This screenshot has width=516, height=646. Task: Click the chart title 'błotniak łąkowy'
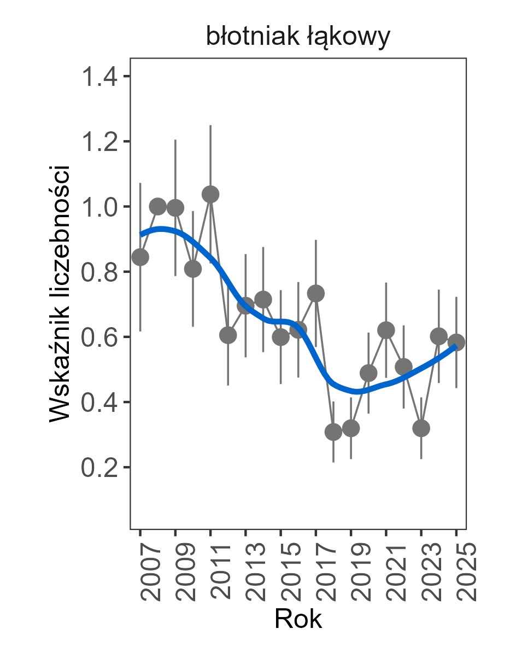298,37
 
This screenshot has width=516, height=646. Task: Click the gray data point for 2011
210,194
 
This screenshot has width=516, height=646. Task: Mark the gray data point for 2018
333,432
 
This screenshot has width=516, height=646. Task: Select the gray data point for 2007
140,257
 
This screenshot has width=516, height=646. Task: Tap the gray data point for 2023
421,428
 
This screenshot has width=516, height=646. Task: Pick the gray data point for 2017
316,294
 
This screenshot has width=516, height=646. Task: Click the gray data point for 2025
456,342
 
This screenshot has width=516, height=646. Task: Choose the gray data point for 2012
228,335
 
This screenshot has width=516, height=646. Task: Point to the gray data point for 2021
386,330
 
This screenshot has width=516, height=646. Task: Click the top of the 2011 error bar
210,126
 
